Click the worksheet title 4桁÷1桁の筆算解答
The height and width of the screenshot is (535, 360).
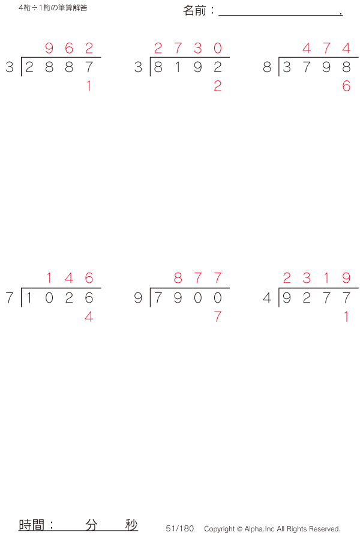point(53,8)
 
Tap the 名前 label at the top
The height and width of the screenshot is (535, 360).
point(194,11)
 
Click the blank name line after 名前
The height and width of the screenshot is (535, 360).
point(280,15)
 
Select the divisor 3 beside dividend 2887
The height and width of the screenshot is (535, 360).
point(10,67)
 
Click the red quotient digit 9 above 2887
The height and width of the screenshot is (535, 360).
point(49,48)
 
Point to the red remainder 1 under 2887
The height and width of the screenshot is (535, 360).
point(89,86)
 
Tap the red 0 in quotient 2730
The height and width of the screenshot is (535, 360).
point(218,48)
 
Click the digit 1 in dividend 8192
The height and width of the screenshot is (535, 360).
point(178,67)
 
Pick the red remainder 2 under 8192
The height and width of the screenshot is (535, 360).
point(218,86)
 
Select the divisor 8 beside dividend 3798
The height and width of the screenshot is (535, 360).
point(267,67)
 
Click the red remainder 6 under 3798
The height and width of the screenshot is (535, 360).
point(346,86)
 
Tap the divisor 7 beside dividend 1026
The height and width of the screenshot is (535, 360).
point(10,298)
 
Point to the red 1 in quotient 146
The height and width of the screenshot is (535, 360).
point(49,278)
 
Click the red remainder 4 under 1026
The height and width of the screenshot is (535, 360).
point(89,317)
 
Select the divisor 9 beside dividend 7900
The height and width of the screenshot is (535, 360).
point(138,298)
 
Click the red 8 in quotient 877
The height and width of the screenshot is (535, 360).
point(178,278)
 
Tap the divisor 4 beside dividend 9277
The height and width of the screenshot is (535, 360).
point(267,298)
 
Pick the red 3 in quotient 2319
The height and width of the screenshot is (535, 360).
point(307,278)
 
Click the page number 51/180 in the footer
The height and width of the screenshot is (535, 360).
point(179,528)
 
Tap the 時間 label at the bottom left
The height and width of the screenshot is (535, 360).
point(31,525)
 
